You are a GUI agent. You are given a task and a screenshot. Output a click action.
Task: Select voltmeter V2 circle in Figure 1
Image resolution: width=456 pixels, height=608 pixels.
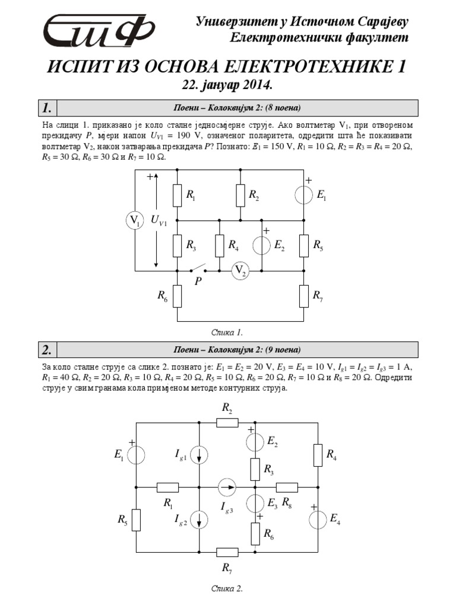tap(240, 271)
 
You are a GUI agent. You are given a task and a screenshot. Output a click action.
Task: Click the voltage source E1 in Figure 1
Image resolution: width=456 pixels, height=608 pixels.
tap(303, 194)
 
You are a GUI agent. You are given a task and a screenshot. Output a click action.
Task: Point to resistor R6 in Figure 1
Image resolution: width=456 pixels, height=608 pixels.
tap(178, 296)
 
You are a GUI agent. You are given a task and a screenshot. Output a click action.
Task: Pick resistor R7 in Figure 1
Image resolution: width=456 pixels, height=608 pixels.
tap(303, 296)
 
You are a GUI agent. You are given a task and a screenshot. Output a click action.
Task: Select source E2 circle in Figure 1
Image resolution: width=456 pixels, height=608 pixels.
tap(261, 245)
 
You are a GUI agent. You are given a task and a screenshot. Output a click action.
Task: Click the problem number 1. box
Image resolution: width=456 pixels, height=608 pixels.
tap(48, 108)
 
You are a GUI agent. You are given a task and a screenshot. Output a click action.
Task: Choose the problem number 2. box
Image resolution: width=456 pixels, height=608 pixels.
tap(48, 349)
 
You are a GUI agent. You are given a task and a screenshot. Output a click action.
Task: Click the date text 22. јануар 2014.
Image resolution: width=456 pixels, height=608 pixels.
tap(227, 85)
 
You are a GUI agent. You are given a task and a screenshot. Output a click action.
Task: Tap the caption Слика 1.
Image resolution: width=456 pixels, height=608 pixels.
tap(227, 331)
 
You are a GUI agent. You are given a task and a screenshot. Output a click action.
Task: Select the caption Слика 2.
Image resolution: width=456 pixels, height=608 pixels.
tap(227, 589)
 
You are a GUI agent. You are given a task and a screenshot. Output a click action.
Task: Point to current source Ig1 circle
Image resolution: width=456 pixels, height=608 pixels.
tap(199, 455)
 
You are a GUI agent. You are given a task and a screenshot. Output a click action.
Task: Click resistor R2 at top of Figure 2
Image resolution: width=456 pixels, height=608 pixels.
tap(227, 422)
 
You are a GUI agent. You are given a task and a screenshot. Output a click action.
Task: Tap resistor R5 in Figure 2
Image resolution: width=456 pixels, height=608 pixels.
tap(137, 520)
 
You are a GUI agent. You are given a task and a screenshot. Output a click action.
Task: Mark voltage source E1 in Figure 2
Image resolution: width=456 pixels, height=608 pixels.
tap(137, 455)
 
